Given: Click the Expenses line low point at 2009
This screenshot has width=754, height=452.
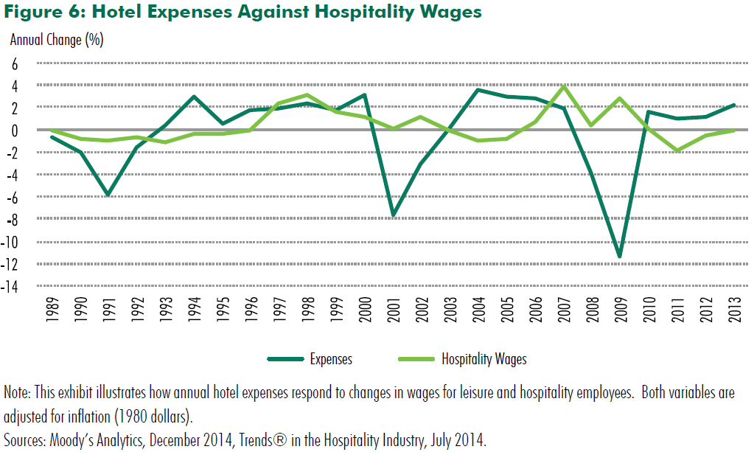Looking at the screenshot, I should (x=620, y=257).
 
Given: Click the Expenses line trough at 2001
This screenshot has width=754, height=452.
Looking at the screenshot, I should (x=394, y=215).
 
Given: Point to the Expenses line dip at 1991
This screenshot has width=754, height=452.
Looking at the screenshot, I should (x=108, y=195).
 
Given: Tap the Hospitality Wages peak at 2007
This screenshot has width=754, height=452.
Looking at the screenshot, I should (x=564, y=86).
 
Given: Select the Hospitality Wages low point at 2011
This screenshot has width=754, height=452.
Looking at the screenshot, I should (x=677, y=150).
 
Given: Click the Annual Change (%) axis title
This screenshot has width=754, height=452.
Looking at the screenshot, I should (x=56, y=40).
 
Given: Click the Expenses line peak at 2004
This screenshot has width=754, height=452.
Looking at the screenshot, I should (x=478, y=90).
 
